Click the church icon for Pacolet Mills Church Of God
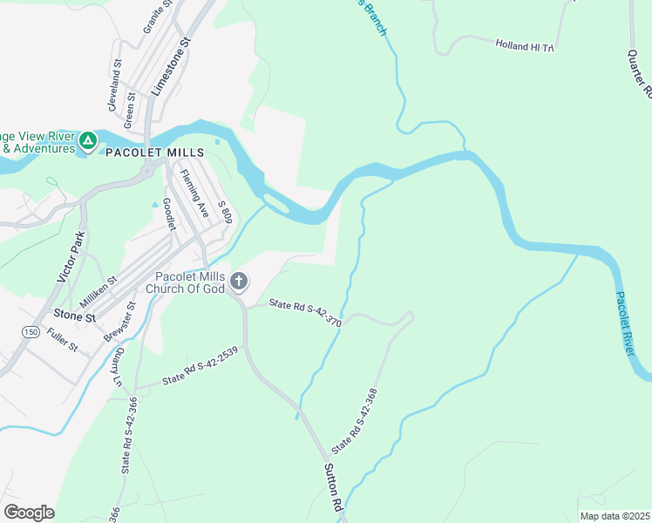click(x=240, y=282)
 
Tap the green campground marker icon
click(x=87, y=140)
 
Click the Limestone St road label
click(x=170, y=66)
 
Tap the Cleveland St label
click(x=115, y=84)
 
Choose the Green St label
click(x=129, y=109)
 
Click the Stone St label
click(x=73, y=316)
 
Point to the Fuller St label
click(x=64, y=339)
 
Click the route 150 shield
click(x=31, y=332)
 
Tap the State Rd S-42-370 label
click(x=304, y=310)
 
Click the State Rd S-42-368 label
click(x=355, y=420)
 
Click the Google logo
click(x=29, y=512)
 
